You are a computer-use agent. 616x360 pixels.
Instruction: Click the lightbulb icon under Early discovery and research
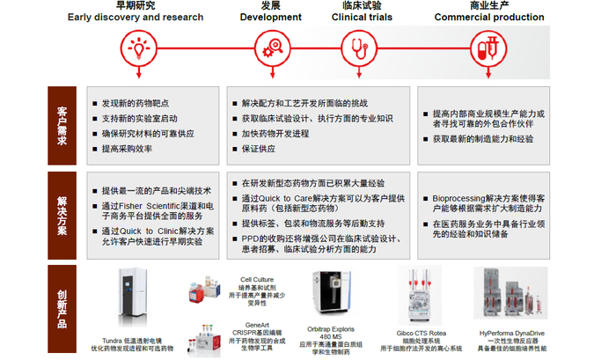point(138,45)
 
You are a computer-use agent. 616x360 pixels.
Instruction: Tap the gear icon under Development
point(268,45)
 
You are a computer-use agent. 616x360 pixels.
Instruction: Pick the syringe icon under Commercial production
point(482,45)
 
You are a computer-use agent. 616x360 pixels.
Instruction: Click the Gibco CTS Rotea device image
point(419,299)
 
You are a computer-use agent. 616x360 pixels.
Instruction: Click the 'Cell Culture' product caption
point(256,281)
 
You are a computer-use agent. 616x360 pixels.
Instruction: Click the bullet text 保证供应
point(258,149)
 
